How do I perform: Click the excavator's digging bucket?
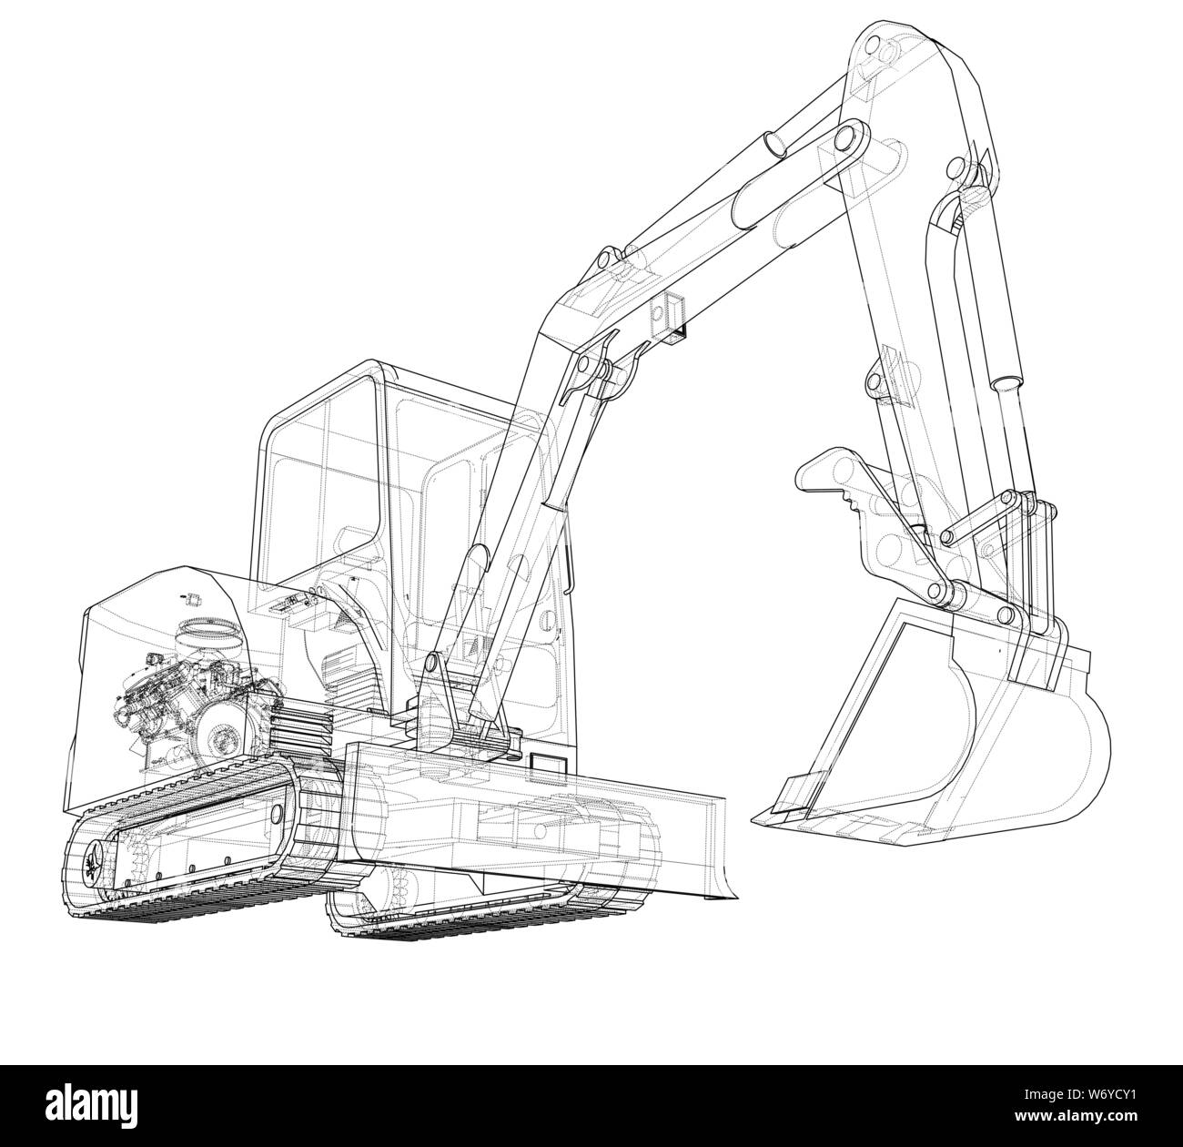click(x=965, y=728)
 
